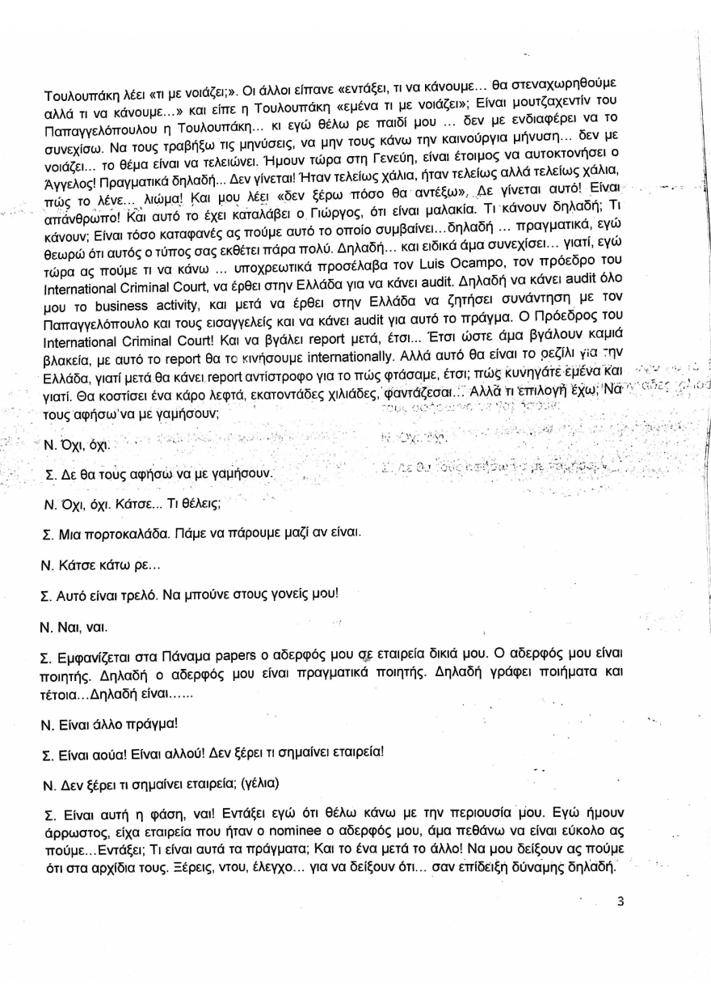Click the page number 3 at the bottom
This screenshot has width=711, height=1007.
(620, 903)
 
